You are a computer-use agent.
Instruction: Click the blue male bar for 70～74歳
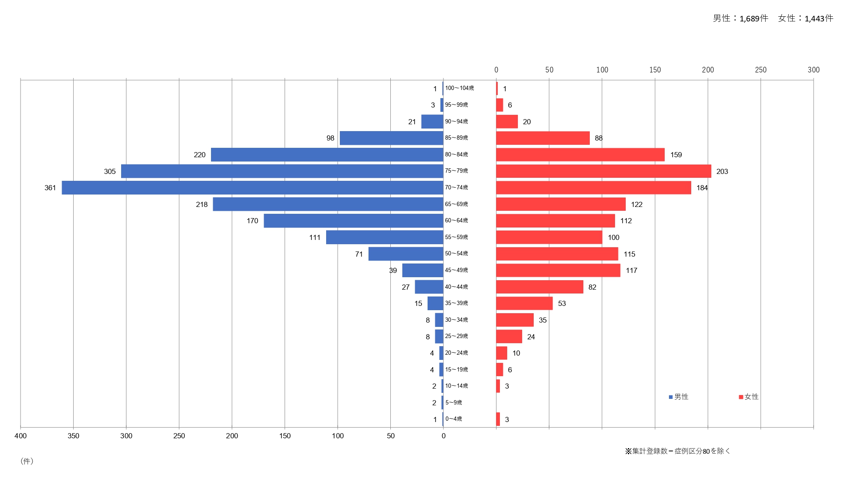point(253,188)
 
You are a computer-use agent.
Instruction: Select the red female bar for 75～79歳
point(603,171)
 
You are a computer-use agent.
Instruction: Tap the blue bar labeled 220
point(327,155)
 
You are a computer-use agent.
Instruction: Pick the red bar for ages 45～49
point(558,270)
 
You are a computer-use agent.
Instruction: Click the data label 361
point(50,188)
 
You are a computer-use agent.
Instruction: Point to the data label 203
point(722,171)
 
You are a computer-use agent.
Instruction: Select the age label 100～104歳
point(459,88)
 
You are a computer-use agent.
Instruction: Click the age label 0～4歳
point(454,419)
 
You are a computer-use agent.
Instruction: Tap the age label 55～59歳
point(456,237)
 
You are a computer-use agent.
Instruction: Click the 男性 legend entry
point(679,397)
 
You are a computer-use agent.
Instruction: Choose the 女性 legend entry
point(749,397)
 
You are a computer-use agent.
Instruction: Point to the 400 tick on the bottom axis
point(21,436)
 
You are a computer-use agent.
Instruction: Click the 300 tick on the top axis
point(814,70)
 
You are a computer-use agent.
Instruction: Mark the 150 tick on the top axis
point(655,70)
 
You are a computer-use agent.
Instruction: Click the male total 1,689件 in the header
point(740,18)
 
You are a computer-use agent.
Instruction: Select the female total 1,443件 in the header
point(806,18)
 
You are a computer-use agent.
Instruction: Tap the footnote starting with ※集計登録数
point(678,451)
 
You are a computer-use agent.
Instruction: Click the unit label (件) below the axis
point(27,461)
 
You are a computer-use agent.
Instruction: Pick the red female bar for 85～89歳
point(543,138)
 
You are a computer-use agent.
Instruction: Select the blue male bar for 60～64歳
point(354,221)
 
